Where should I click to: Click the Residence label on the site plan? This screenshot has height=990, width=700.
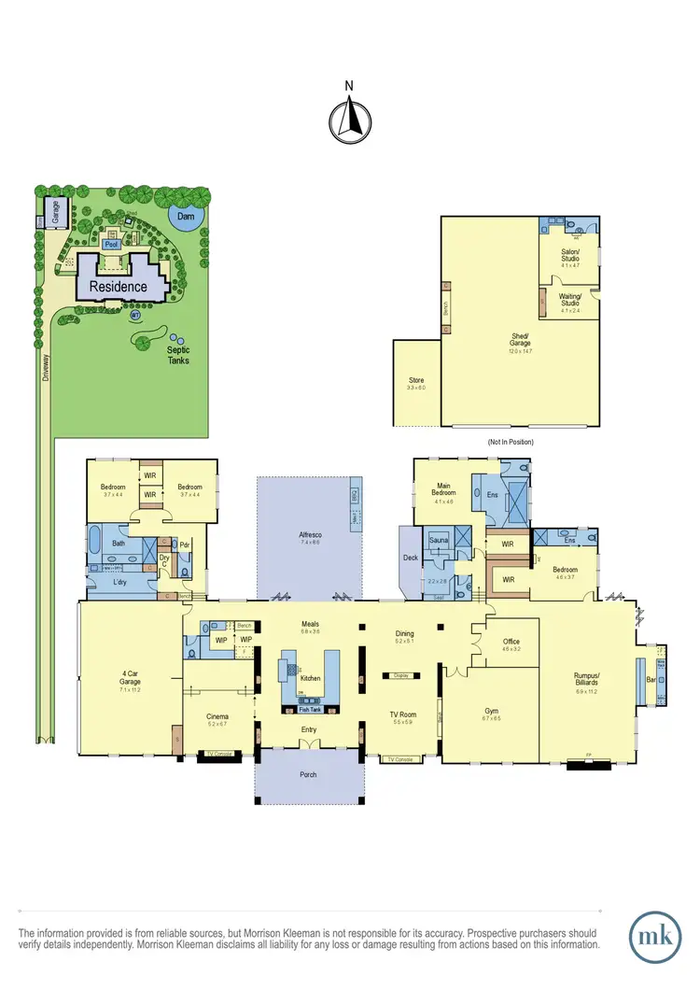tap(118, 286)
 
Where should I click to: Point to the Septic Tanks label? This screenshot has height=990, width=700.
tap(177, 355)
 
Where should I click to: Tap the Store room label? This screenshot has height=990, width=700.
tap(416, 381)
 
